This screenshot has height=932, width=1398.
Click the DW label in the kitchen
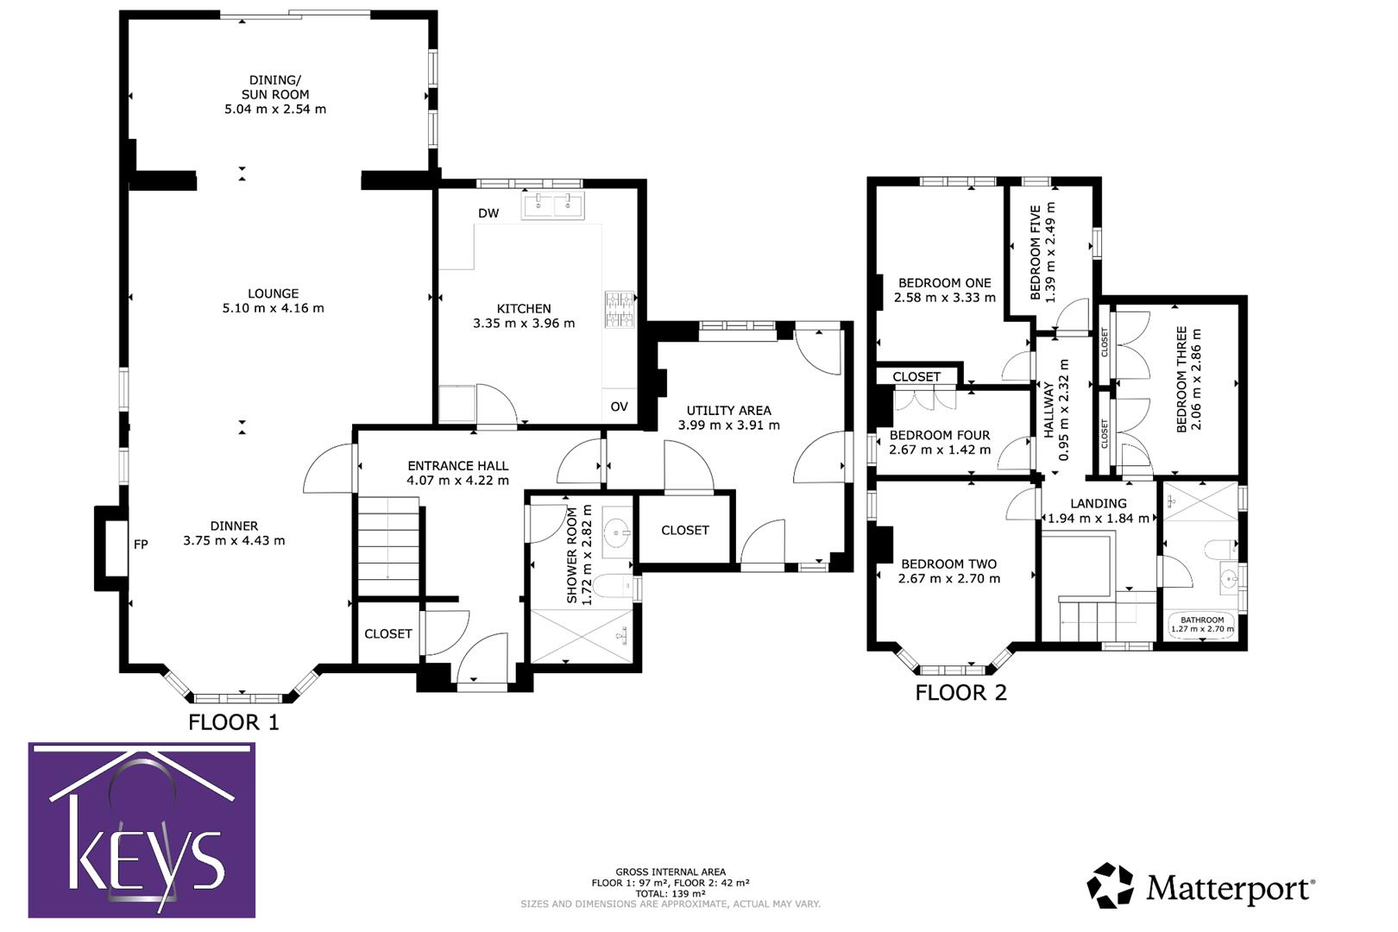click(488, 213)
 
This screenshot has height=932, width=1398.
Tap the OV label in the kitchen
click(619, 406)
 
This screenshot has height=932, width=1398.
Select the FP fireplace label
click(141, 545)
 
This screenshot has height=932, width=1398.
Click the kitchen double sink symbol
click(552, 205)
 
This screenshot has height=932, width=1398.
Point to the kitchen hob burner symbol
click(619, 310)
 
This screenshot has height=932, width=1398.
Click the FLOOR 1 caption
click(234, 722)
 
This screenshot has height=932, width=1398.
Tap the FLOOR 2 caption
click(960, 692)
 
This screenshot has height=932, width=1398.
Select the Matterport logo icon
click(1109, 885)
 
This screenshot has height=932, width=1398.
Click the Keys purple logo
click(142, 830)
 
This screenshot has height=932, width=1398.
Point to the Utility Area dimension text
click(728, 425)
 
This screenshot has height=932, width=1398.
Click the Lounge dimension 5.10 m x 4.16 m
click(273, 308)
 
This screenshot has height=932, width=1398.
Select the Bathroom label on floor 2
click(1202, 620)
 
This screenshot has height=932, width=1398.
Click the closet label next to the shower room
click(685, 530)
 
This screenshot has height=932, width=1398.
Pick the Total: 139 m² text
click(670, 894)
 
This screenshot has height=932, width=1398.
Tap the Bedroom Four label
click(940, 435)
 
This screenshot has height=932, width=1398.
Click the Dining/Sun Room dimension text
click(275, 110)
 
